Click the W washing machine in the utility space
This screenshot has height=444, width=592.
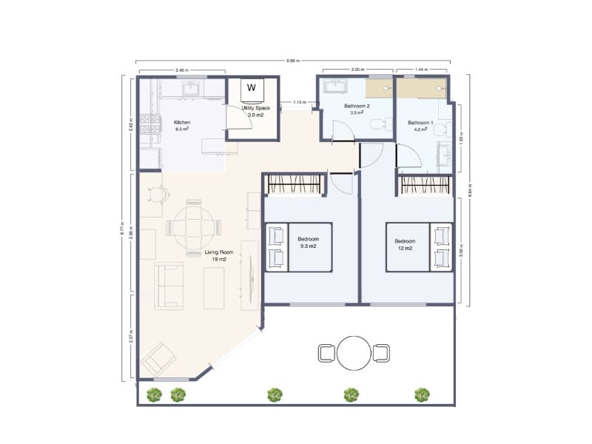click(252, 87)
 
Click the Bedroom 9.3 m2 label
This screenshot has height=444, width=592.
click(309, 243)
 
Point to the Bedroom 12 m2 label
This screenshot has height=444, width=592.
click(405, 245)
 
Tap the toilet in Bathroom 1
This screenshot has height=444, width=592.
click(439, 129)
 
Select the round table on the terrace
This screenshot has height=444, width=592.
click(353, 353)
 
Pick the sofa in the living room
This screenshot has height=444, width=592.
click(169, 286)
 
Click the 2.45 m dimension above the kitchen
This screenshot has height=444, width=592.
click(181, 70)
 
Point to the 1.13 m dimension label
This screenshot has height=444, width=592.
click(299, 102)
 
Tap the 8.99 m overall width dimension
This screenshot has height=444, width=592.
click(295, 61)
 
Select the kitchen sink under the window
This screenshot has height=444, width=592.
click(192, 88)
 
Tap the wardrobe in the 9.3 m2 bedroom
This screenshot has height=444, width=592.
click(295, 184)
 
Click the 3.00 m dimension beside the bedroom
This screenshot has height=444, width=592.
click(461, 251)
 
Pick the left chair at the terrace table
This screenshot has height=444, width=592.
click(326, 353)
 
